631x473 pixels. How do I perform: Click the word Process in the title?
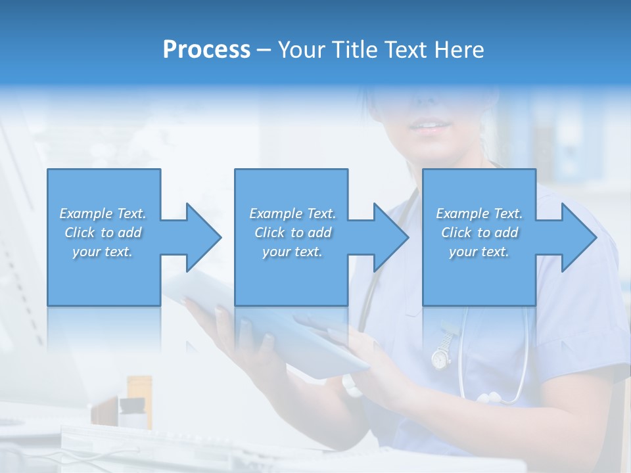click(x=206, y=50)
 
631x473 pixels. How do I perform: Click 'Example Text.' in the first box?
click(x=103, y=214)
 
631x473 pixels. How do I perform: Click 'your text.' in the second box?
click(x=292, y=252)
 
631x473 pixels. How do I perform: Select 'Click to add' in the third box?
click(x=480, y=233)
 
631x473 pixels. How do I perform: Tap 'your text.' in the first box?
click(x=103, y=252)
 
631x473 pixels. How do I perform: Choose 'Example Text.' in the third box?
click(x=479, y=214)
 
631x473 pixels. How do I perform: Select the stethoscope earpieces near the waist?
click(x=490, y=397)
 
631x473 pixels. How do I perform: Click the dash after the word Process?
click(x=264, y=50)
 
